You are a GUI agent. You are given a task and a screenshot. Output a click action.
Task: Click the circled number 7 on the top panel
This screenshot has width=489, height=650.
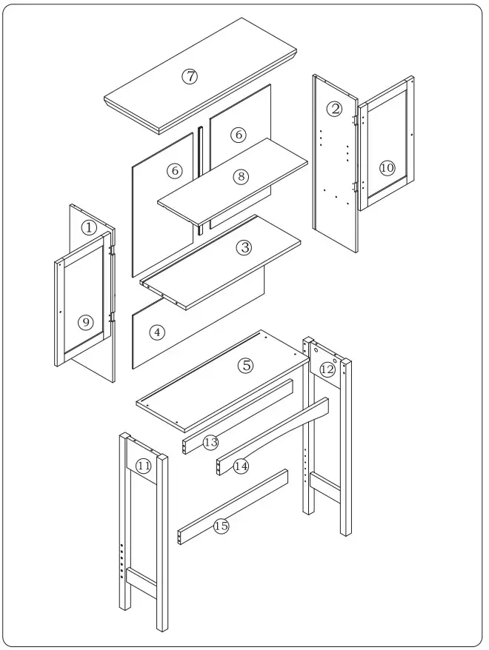pos(190,76)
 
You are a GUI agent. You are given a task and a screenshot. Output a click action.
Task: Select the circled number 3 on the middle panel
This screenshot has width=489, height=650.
pos(245,248)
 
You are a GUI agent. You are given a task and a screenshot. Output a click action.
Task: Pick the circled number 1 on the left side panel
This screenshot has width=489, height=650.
pos(89,227)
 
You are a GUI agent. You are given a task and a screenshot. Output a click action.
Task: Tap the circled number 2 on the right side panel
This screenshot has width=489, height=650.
pos(335,109)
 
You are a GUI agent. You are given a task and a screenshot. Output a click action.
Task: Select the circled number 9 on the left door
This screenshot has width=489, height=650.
pos(86,322)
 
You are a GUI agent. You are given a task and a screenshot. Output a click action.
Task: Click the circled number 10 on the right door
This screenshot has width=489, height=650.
pos(387,167)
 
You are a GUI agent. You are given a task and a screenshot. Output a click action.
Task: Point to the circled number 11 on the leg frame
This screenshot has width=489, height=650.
pos(144,466)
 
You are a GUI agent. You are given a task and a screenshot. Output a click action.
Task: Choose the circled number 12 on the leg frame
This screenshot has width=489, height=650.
pos(327,369)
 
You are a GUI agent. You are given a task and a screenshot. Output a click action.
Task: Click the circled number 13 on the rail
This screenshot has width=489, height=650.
pos(210,442)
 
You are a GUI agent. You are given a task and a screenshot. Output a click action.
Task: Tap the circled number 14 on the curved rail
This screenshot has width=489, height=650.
pos(241,466)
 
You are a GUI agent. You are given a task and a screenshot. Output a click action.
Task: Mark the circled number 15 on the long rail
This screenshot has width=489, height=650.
pos(221,526)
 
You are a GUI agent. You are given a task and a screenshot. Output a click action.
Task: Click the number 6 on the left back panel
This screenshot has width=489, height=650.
pos(175,170)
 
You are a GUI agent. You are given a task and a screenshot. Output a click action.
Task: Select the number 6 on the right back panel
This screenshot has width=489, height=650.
pos(238,135)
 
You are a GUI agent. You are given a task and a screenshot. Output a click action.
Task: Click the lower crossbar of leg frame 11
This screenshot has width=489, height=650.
pos(141,583)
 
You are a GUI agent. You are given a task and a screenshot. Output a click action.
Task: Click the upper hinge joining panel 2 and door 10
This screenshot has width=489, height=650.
pos(356,118)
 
